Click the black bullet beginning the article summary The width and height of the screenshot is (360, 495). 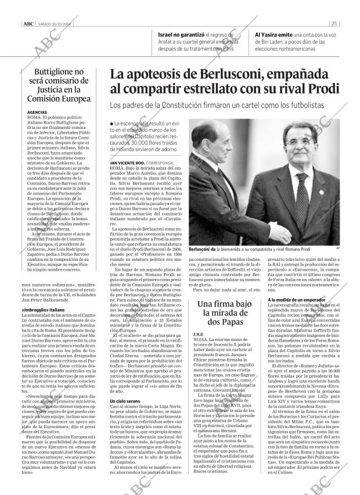111,124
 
